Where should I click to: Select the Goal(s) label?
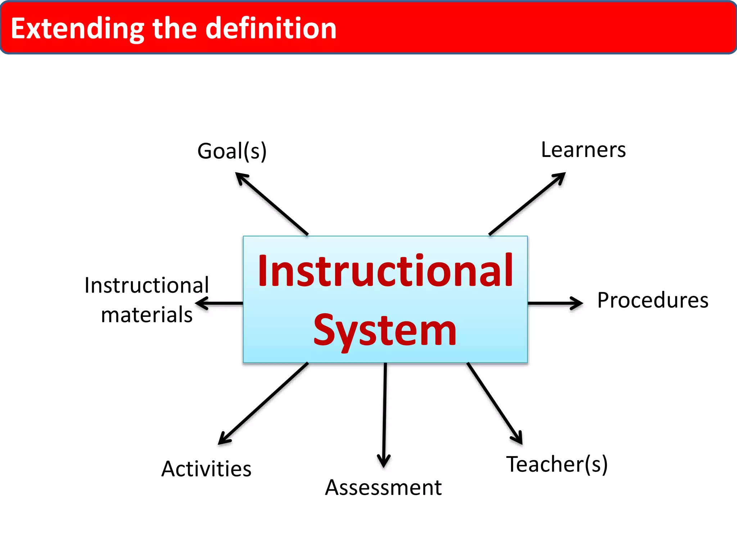pyautogui.click(x=232, y=151)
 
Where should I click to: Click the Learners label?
pyautogui.click(x=583, y=150)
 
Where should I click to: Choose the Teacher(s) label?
pyautogui.click(x=557, y=464)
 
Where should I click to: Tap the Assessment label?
pyautogui.click(x=383, y=488)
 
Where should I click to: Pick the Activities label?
pyautogui.click(x=206, y=469)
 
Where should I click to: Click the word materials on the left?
pyautogui.click(x=147, y=315)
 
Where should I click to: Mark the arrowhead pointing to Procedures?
pyautogui.click(x=578, y=303)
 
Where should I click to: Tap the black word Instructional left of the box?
pyautogui.click(x=147, y=286)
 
